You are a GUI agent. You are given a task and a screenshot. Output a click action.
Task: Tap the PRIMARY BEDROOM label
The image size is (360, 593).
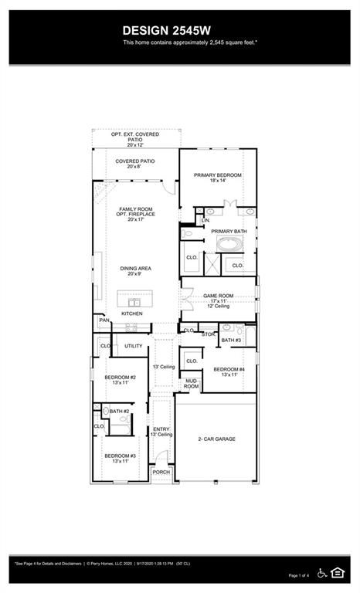[x=218, y=175]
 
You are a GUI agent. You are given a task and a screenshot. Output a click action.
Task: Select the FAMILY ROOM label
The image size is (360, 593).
[x=136, y=209]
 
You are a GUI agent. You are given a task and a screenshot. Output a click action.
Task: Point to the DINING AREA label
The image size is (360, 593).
[x=135, y=269]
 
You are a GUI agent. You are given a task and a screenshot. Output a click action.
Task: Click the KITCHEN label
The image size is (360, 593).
[x=131, y=313]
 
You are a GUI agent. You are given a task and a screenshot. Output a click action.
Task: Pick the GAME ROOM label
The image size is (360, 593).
[x=218, y=296]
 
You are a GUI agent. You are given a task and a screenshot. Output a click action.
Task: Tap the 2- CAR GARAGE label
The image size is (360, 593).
[x=217, y=439]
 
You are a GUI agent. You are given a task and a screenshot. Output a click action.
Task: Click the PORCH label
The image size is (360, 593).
[x=161, y=472]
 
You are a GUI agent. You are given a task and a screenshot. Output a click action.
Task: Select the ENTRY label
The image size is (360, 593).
[x=161, y=429]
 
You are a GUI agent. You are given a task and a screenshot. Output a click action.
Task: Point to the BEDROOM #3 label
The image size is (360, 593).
[x=121, y=456]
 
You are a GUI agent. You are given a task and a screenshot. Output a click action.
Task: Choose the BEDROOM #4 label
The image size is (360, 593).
[x=229, y=369]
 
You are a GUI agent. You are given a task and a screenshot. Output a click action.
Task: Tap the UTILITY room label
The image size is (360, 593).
[x=134, y=346]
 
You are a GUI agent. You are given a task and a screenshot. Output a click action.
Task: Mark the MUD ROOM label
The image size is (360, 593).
[x=191, y=383]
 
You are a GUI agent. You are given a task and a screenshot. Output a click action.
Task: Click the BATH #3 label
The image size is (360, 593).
[x=231, y=340]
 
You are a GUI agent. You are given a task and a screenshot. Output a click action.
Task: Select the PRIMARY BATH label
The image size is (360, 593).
[x=229, y=231]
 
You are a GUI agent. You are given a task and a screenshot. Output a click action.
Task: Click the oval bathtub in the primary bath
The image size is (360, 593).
[x=229, y=246]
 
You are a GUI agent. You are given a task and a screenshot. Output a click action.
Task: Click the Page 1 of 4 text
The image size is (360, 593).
[x=298, y=575]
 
